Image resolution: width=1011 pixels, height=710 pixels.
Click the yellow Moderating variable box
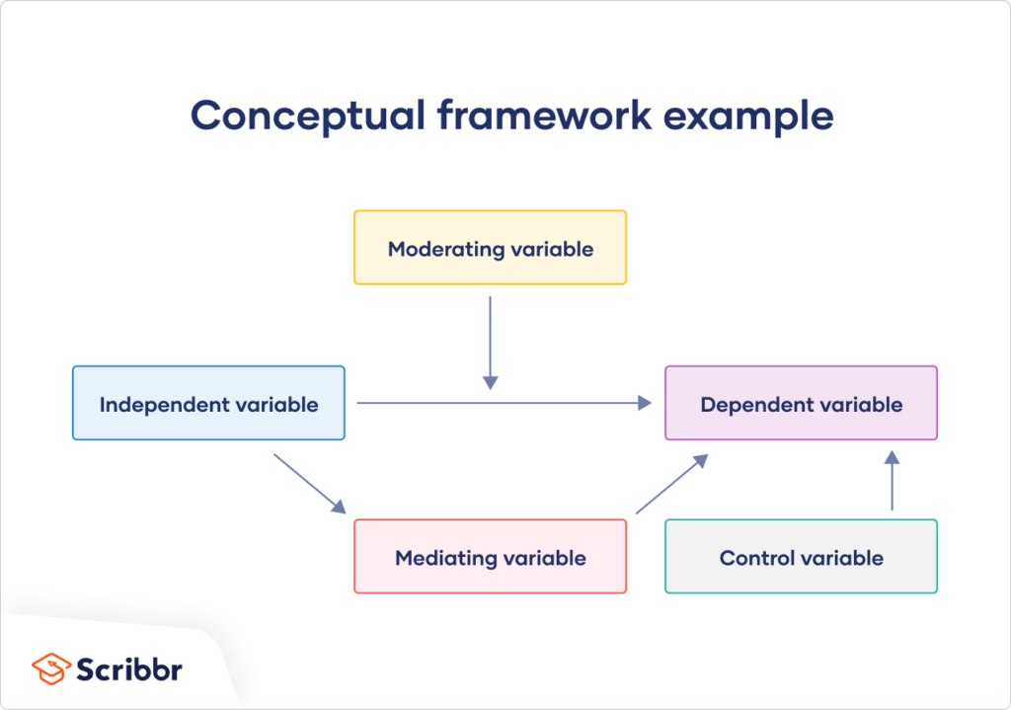point(490,248)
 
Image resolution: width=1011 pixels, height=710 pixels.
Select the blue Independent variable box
point(208,403)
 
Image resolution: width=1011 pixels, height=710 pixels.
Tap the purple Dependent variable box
point(801,403)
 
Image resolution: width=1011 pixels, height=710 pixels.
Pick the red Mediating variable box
point(490,557)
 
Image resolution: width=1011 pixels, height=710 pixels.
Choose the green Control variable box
point(801,557)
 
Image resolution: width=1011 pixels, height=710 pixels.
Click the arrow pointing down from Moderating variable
point(490,341)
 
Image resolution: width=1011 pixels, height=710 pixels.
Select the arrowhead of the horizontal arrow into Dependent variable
point(646,403)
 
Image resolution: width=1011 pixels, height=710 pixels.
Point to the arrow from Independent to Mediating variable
point(309,484)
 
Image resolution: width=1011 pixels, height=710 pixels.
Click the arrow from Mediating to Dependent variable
point(672,484)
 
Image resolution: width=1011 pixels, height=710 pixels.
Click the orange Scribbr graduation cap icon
point(50,668)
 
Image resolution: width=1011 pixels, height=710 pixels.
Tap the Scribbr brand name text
point(129,669)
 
